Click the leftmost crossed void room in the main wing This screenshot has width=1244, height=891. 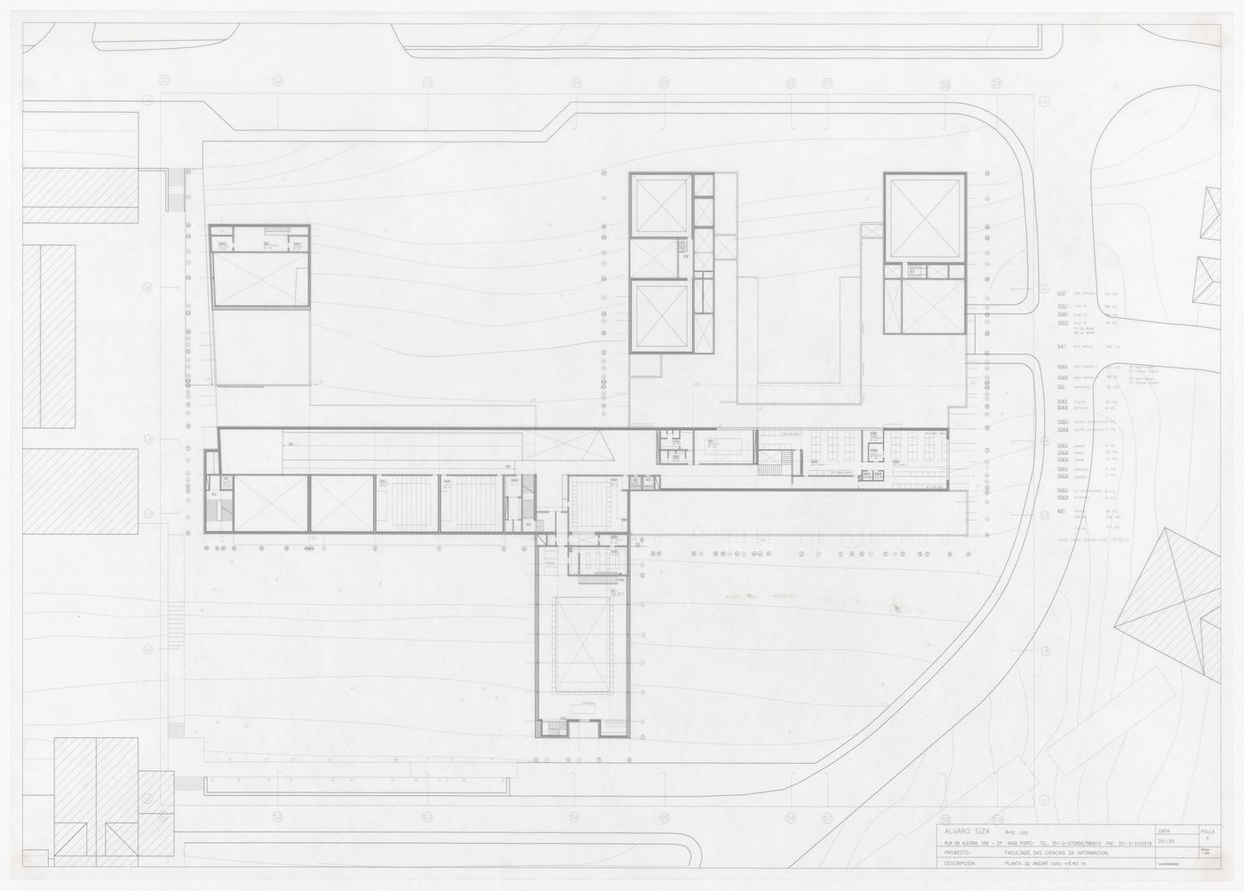coord(268,504)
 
